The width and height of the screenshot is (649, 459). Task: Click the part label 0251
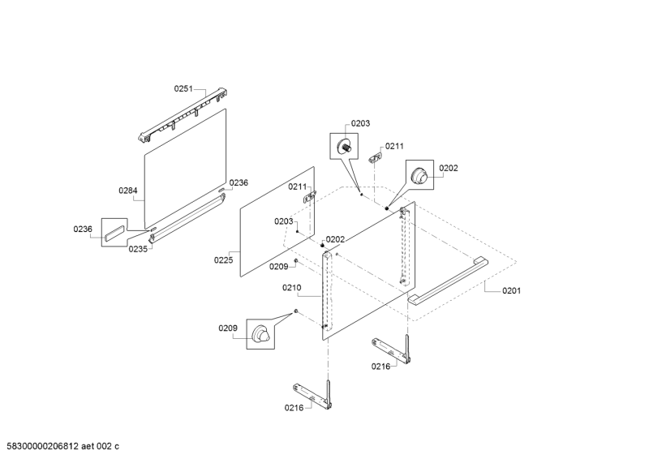click(183, 88)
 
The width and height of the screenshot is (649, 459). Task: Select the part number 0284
click(128, 191)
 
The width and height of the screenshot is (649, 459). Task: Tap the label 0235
click(138, 249)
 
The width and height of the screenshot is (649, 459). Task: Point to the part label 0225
click(224, 260)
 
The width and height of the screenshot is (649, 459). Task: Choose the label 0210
click(292, 288)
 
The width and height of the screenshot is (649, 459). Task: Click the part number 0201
click(512, 290)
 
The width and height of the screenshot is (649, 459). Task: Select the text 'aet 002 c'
click(100, 446)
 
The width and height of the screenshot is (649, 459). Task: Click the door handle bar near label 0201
click(446, 281)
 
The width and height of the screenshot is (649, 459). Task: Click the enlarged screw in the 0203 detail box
click(344, 146)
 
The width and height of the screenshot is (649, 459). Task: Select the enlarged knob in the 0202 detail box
click(419, 175)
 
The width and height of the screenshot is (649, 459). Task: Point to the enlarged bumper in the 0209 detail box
click(260, 333)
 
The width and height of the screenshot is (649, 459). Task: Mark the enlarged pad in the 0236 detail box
click(114, 232)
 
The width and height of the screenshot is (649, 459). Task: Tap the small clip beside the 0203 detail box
click(375, 157)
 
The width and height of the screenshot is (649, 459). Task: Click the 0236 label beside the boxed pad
click(83, 229)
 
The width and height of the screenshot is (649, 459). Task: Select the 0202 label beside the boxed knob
click(449, 168)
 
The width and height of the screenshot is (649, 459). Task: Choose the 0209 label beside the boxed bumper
click(228, 328)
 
